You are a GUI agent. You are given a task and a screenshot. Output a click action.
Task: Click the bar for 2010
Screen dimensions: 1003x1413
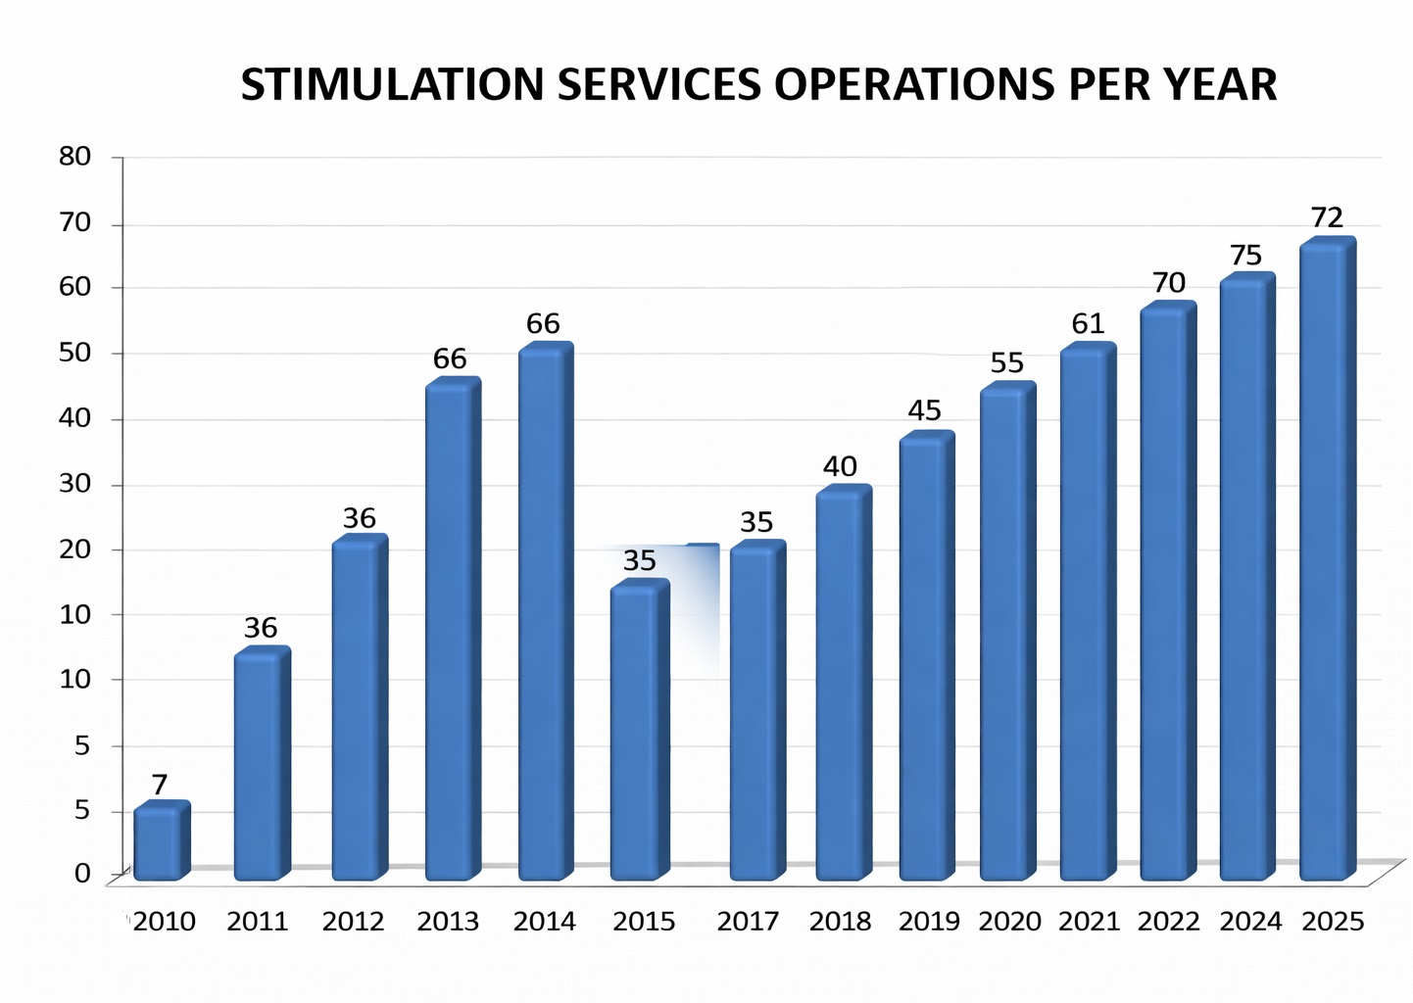pos(160,842)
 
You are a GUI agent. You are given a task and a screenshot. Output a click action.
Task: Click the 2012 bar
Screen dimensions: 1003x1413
pos(358,709)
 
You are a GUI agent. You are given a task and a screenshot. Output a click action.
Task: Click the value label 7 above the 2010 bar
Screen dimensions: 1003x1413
pos(160,785)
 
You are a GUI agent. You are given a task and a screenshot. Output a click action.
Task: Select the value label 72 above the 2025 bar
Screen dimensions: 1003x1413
pos(1327,217)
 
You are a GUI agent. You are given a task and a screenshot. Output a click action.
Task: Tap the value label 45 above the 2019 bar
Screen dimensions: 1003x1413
pos(924,410)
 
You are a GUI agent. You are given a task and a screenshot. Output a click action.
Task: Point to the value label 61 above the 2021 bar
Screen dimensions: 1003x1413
pos(1088,323)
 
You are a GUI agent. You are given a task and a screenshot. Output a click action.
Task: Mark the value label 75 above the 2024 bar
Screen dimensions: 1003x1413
pos(1245,256)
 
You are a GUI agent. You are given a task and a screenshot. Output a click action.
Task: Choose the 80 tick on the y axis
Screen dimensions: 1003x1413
pos(75,157)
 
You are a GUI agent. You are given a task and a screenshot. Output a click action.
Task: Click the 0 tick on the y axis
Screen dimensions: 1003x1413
pos(82,873)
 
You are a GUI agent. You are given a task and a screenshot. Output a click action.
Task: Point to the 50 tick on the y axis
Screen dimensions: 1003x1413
pos(75,353)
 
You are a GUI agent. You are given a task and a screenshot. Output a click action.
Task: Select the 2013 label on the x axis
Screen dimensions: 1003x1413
pos(448,922)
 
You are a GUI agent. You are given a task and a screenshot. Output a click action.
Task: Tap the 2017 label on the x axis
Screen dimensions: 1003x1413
pos(748,922)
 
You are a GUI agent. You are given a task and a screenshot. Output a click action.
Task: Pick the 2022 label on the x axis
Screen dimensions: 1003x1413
pos(1168,922)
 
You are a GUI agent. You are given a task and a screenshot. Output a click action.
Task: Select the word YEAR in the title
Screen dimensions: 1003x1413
pos(1220,85)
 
